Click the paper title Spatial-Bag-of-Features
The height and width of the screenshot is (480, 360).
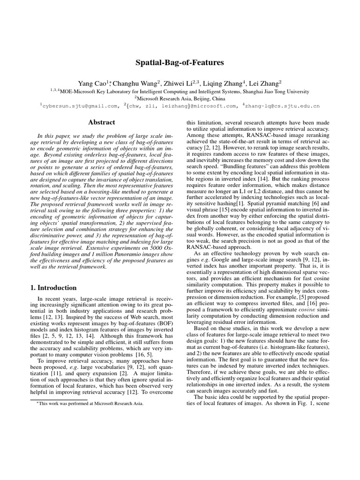pos(180,62)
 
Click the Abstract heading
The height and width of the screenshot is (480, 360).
pos(101,122)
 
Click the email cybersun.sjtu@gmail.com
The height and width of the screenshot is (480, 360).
pos(80,106)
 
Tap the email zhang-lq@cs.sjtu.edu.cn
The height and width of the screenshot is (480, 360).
pos(282,106)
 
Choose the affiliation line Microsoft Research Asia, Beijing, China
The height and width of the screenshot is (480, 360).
pos(180,98)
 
